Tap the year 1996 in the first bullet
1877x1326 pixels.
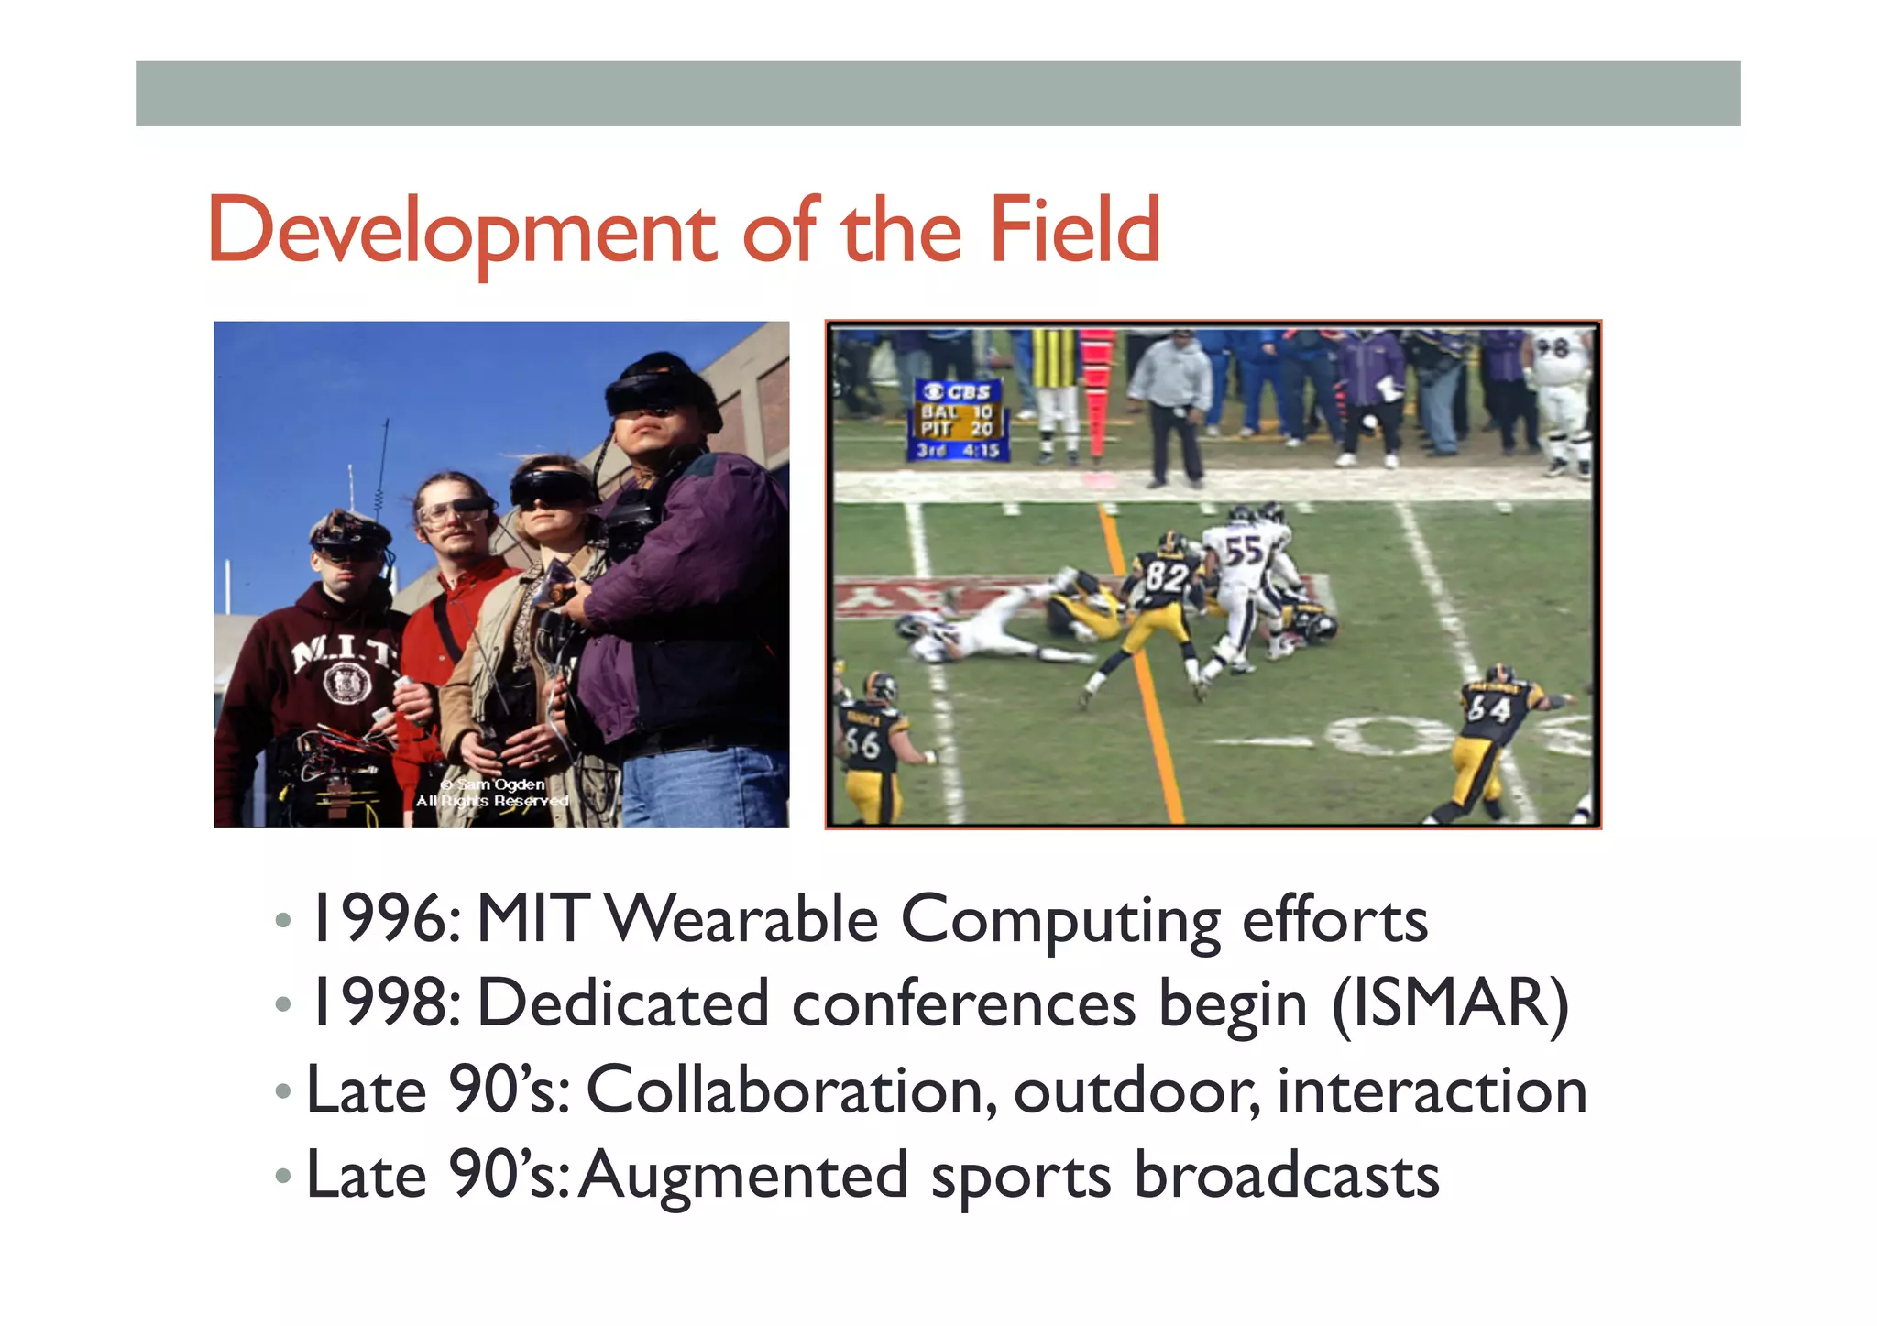[379, 919]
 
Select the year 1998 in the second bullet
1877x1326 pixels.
[379, 1003]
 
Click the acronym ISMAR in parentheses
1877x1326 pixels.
[1450, 1003]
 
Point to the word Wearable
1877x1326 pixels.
[742, 919]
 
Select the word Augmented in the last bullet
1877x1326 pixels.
[742, 1175]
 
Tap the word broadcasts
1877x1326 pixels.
[1286, 1175]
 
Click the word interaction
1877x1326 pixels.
[1432, 1090]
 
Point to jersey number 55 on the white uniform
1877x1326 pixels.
[1243, 553]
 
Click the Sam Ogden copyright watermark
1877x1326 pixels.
[493, 793]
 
